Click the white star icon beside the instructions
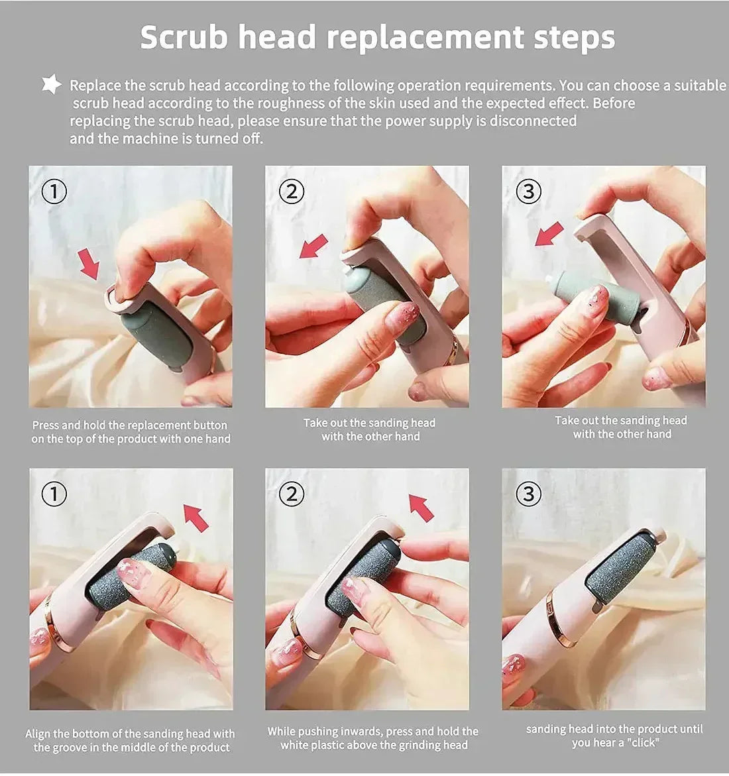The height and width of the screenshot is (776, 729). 51,85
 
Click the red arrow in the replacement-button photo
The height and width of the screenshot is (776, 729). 88,263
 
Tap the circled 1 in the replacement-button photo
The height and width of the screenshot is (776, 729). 54,192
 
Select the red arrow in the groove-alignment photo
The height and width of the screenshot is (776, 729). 196,517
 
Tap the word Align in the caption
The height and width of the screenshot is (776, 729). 38,734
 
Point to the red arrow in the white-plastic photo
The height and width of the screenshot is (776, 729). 421,508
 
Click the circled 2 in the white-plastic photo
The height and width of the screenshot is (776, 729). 291,494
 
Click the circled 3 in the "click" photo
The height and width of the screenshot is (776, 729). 528,494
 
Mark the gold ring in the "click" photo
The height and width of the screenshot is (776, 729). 557,618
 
